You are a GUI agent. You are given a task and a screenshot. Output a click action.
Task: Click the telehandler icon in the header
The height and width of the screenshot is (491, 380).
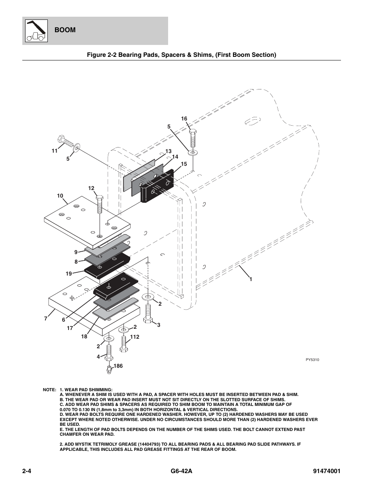click(35, 31)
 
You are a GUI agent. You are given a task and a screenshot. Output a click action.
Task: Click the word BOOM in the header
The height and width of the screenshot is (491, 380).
click(65, 30)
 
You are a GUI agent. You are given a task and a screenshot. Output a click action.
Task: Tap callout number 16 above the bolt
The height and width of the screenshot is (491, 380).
click(184, 118)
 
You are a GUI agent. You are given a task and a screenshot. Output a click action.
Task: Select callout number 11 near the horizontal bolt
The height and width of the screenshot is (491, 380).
click(54, 151)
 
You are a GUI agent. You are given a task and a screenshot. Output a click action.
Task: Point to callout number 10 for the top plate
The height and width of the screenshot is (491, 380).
click(60, 196)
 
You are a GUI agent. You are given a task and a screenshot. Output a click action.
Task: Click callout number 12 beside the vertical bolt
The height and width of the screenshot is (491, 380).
click(91, 188)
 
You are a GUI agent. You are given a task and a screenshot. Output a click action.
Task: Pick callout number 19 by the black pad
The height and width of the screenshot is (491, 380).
click(69, 274)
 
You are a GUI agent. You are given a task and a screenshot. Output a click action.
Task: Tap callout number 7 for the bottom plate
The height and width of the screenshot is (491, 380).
click(46, 318)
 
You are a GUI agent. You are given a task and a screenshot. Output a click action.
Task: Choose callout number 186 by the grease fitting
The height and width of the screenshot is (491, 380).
click(118, 366)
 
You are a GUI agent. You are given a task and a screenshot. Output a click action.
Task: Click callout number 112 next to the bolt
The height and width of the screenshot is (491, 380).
click(135, 337)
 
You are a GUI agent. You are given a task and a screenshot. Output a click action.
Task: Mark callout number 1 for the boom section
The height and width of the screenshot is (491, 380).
click(251, 279)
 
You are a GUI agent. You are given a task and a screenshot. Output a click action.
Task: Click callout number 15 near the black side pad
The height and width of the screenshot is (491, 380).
click(184, 164)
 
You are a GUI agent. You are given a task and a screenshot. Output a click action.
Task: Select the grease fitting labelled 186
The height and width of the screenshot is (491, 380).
click(108, 369)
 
